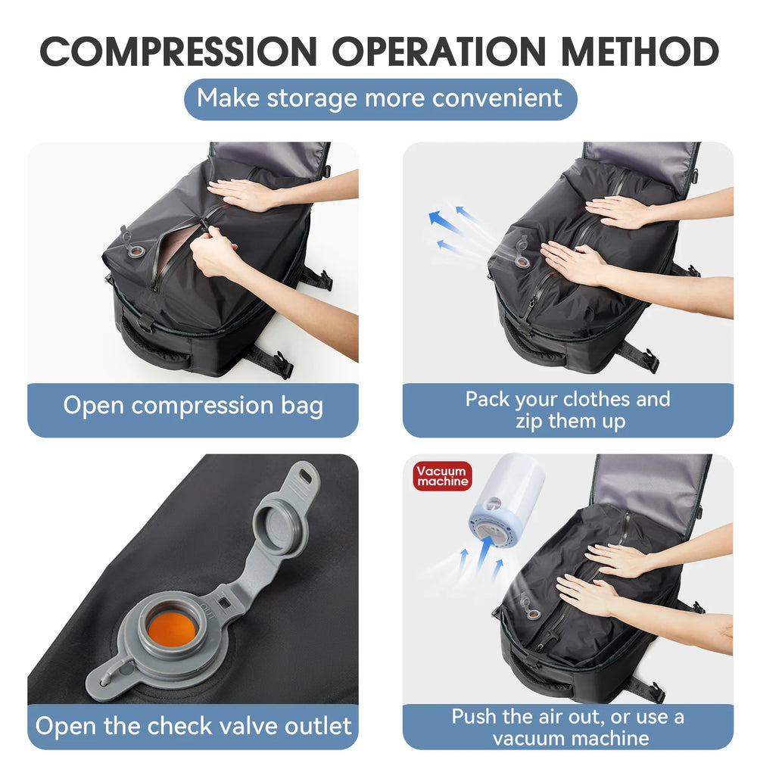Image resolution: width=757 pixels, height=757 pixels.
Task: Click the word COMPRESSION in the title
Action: point(177,51)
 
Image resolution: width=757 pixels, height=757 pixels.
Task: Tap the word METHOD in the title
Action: point(640,51)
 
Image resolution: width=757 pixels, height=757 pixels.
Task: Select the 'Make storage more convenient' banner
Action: point(379,98)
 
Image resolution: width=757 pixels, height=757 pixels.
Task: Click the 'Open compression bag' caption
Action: point(193,406)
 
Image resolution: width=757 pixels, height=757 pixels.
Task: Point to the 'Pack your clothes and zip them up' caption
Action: point(568,410)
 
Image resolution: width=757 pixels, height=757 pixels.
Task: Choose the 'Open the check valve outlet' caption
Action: point(193,726)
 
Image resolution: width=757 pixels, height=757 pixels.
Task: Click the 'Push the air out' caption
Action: point(568,726)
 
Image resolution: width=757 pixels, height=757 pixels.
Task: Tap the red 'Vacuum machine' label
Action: point(443,476)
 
